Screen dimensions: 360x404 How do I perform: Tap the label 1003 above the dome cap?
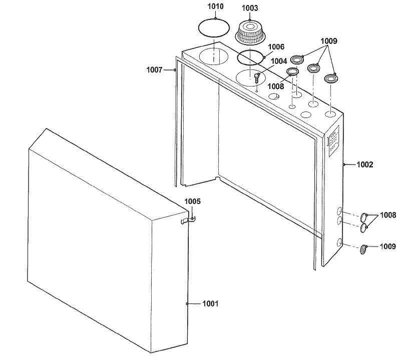(x=250, y=8)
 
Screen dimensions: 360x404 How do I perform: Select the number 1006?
(x=276, y=46)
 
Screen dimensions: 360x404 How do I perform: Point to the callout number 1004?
(x=279, y=61)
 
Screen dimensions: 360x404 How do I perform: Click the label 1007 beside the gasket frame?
(x=154, y=70)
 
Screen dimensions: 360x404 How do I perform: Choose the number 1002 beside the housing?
(x=364, y=164)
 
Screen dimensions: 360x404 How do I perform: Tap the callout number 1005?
(x=192, y=201)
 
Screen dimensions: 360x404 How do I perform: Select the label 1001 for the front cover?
(x=210, y=303)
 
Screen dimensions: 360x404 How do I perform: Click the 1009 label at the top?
(x=328, y=40)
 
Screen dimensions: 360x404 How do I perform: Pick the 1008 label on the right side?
(x=387, y=215)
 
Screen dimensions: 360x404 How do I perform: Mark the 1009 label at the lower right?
(x=387, y=246)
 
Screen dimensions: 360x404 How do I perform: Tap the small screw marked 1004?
(x=257, y=78)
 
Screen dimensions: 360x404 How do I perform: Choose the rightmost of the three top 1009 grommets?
(x=331, y=78)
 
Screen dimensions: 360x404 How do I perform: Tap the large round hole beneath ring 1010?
(x=214, y=56)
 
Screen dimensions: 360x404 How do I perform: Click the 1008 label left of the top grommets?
(x=275, y=86)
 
